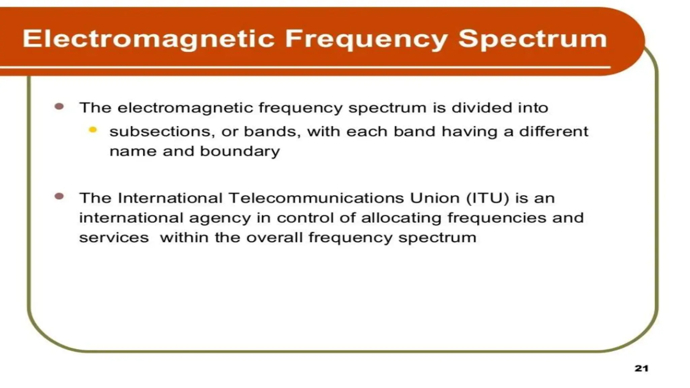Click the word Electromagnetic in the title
point(149,39)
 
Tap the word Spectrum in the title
point(533,39)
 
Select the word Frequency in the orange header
point(366,39)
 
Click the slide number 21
point(641,368)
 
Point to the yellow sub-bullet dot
point(93,130)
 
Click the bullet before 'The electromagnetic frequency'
point(59,107)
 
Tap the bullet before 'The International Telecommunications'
point(59,196)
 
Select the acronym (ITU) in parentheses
point(488,198)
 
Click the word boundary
point(240,151)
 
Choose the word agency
point(220,218)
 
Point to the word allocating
point(401,218)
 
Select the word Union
point(435,198)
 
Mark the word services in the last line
point(114,238)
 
